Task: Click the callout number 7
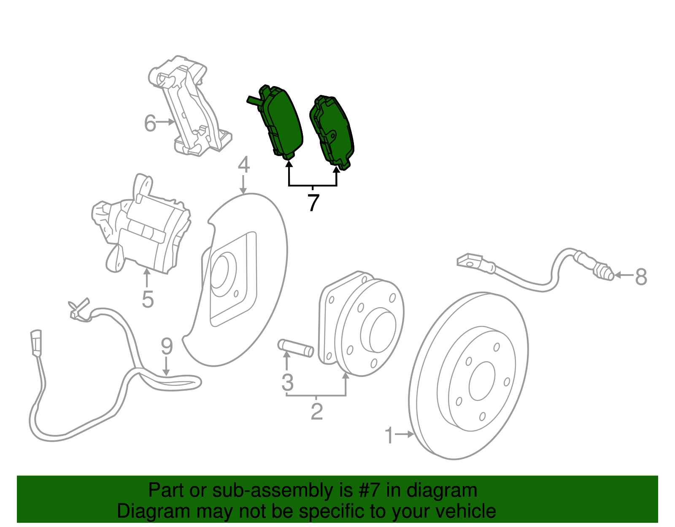[313, 203]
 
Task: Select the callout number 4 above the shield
[244, 165]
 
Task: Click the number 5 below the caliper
[148, 299]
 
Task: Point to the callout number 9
[167, 346]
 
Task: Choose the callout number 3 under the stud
[287, 382]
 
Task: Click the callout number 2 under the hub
[316, 411]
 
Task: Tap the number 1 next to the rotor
[389, 435]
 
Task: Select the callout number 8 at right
[641, 277]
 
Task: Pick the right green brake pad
[333, 131]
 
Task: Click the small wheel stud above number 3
[296, 348]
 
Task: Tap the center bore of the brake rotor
[481, 381]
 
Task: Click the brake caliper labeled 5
[143, 228]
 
